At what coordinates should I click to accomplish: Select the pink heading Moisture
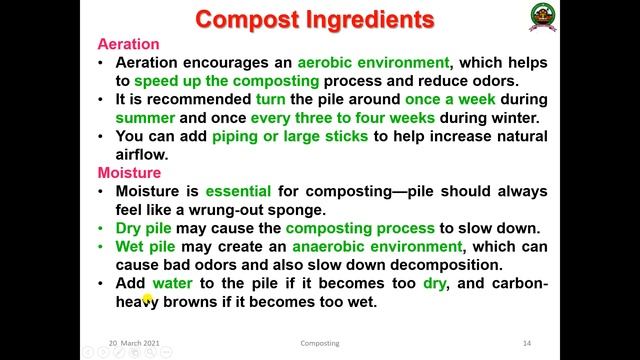tap(128, 173)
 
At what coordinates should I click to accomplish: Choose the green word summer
tap(146, 118)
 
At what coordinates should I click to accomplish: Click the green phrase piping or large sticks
tap(290, 136)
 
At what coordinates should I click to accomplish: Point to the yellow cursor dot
tap(146, 298)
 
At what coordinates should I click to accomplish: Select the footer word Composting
tap(320, 343)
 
